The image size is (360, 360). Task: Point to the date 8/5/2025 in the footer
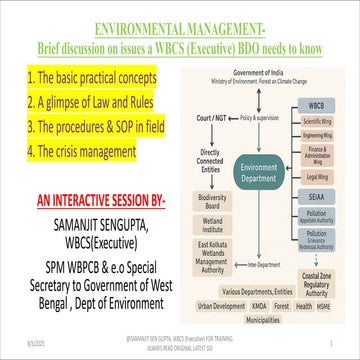(21, 342)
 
